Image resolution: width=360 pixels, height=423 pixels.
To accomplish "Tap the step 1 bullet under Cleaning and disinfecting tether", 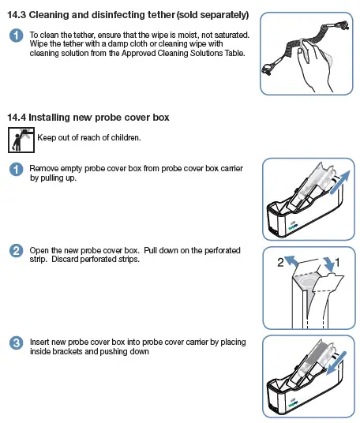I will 15,36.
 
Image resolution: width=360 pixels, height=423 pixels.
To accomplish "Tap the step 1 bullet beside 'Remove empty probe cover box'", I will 15,170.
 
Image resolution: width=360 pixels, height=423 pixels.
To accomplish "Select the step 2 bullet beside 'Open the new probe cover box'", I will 15,252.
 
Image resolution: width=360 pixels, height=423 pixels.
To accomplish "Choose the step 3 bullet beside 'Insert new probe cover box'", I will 15,343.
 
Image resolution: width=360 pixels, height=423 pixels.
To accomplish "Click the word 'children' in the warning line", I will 124,138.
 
